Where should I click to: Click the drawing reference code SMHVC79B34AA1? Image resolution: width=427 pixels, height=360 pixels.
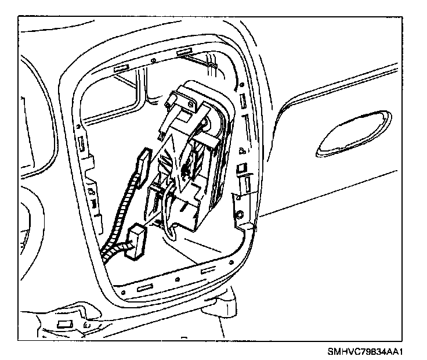click(365, 352)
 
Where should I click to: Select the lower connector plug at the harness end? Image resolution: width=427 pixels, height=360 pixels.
click(136, 241)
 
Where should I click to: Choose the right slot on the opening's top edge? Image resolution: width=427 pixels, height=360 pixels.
click(185, 53)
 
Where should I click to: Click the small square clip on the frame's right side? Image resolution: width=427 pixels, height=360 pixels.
click(243, 168)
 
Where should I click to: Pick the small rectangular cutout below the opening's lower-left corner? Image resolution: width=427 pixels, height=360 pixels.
click(65, 323)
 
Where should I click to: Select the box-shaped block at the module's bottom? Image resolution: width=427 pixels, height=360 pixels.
click(191, 212)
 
